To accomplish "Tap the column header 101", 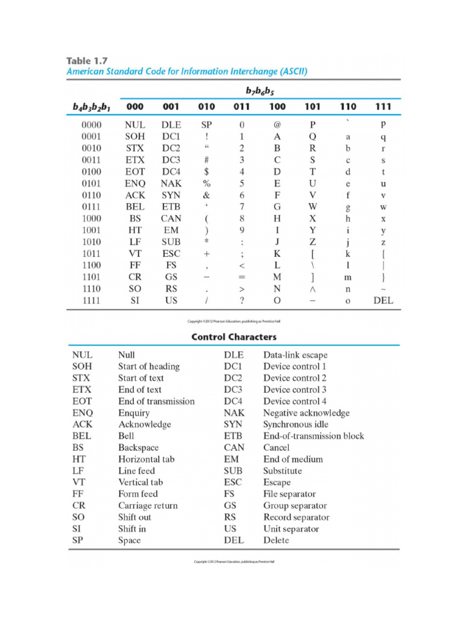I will pyautogui.click(x=313, y=107).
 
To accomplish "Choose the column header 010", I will pyautogui.click(x=206, y=107).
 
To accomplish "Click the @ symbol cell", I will pyautogui.click(x=277, y=125).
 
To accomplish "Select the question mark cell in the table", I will pyautogui.click(x=242, y=300).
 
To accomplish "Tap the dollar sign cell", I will pyautogui.click(x=206, y=172).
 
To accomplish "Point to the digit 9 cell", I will pyautogui.click(x=242, y=230).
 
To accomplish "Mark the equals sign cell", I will pyautogui.click(x=242, y=277).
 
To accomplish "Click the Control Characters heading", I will pyautogui.click(x=234, y=337).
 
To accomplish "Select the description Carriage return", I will pyautogui.click(x=148, y=506).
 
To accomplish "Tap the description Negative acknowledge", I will pyautogui.click(x=306, y=413).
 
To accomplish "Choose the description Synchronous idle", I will pyautogui.click(x=295, y=424).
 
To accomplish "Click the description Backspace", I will pyautogui.click(x=139, y=448).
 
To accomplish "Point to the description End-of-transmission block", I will pyautogui.click(x=313, y=436).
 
